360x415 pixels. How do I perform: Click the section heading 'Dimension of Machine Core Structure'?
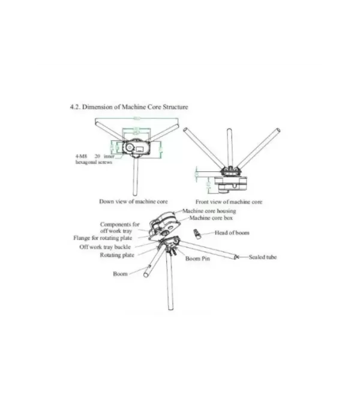[135, 107]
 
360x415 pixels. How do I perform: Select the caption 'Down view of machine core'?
[133, 201]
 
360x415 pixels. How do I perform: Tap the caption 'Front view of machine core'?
[229, 202]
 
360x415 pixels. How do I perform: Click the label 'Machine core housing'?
[209, 211]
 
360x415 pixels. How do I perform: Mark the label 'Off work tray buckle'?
[106, 247]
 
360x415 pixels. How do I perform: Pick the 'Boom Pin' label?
[197, 259]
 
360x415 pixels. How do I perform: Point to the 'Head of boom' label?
[232, 232]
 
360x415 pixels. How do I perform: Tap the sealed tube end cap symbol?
[236, 257]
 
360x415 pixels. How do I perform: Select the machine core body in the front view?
[230, 178]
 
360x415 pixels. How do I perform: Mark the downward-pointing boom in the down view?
[137, 177]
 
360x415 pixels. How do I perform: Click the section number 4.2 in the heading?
[75, 107]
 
